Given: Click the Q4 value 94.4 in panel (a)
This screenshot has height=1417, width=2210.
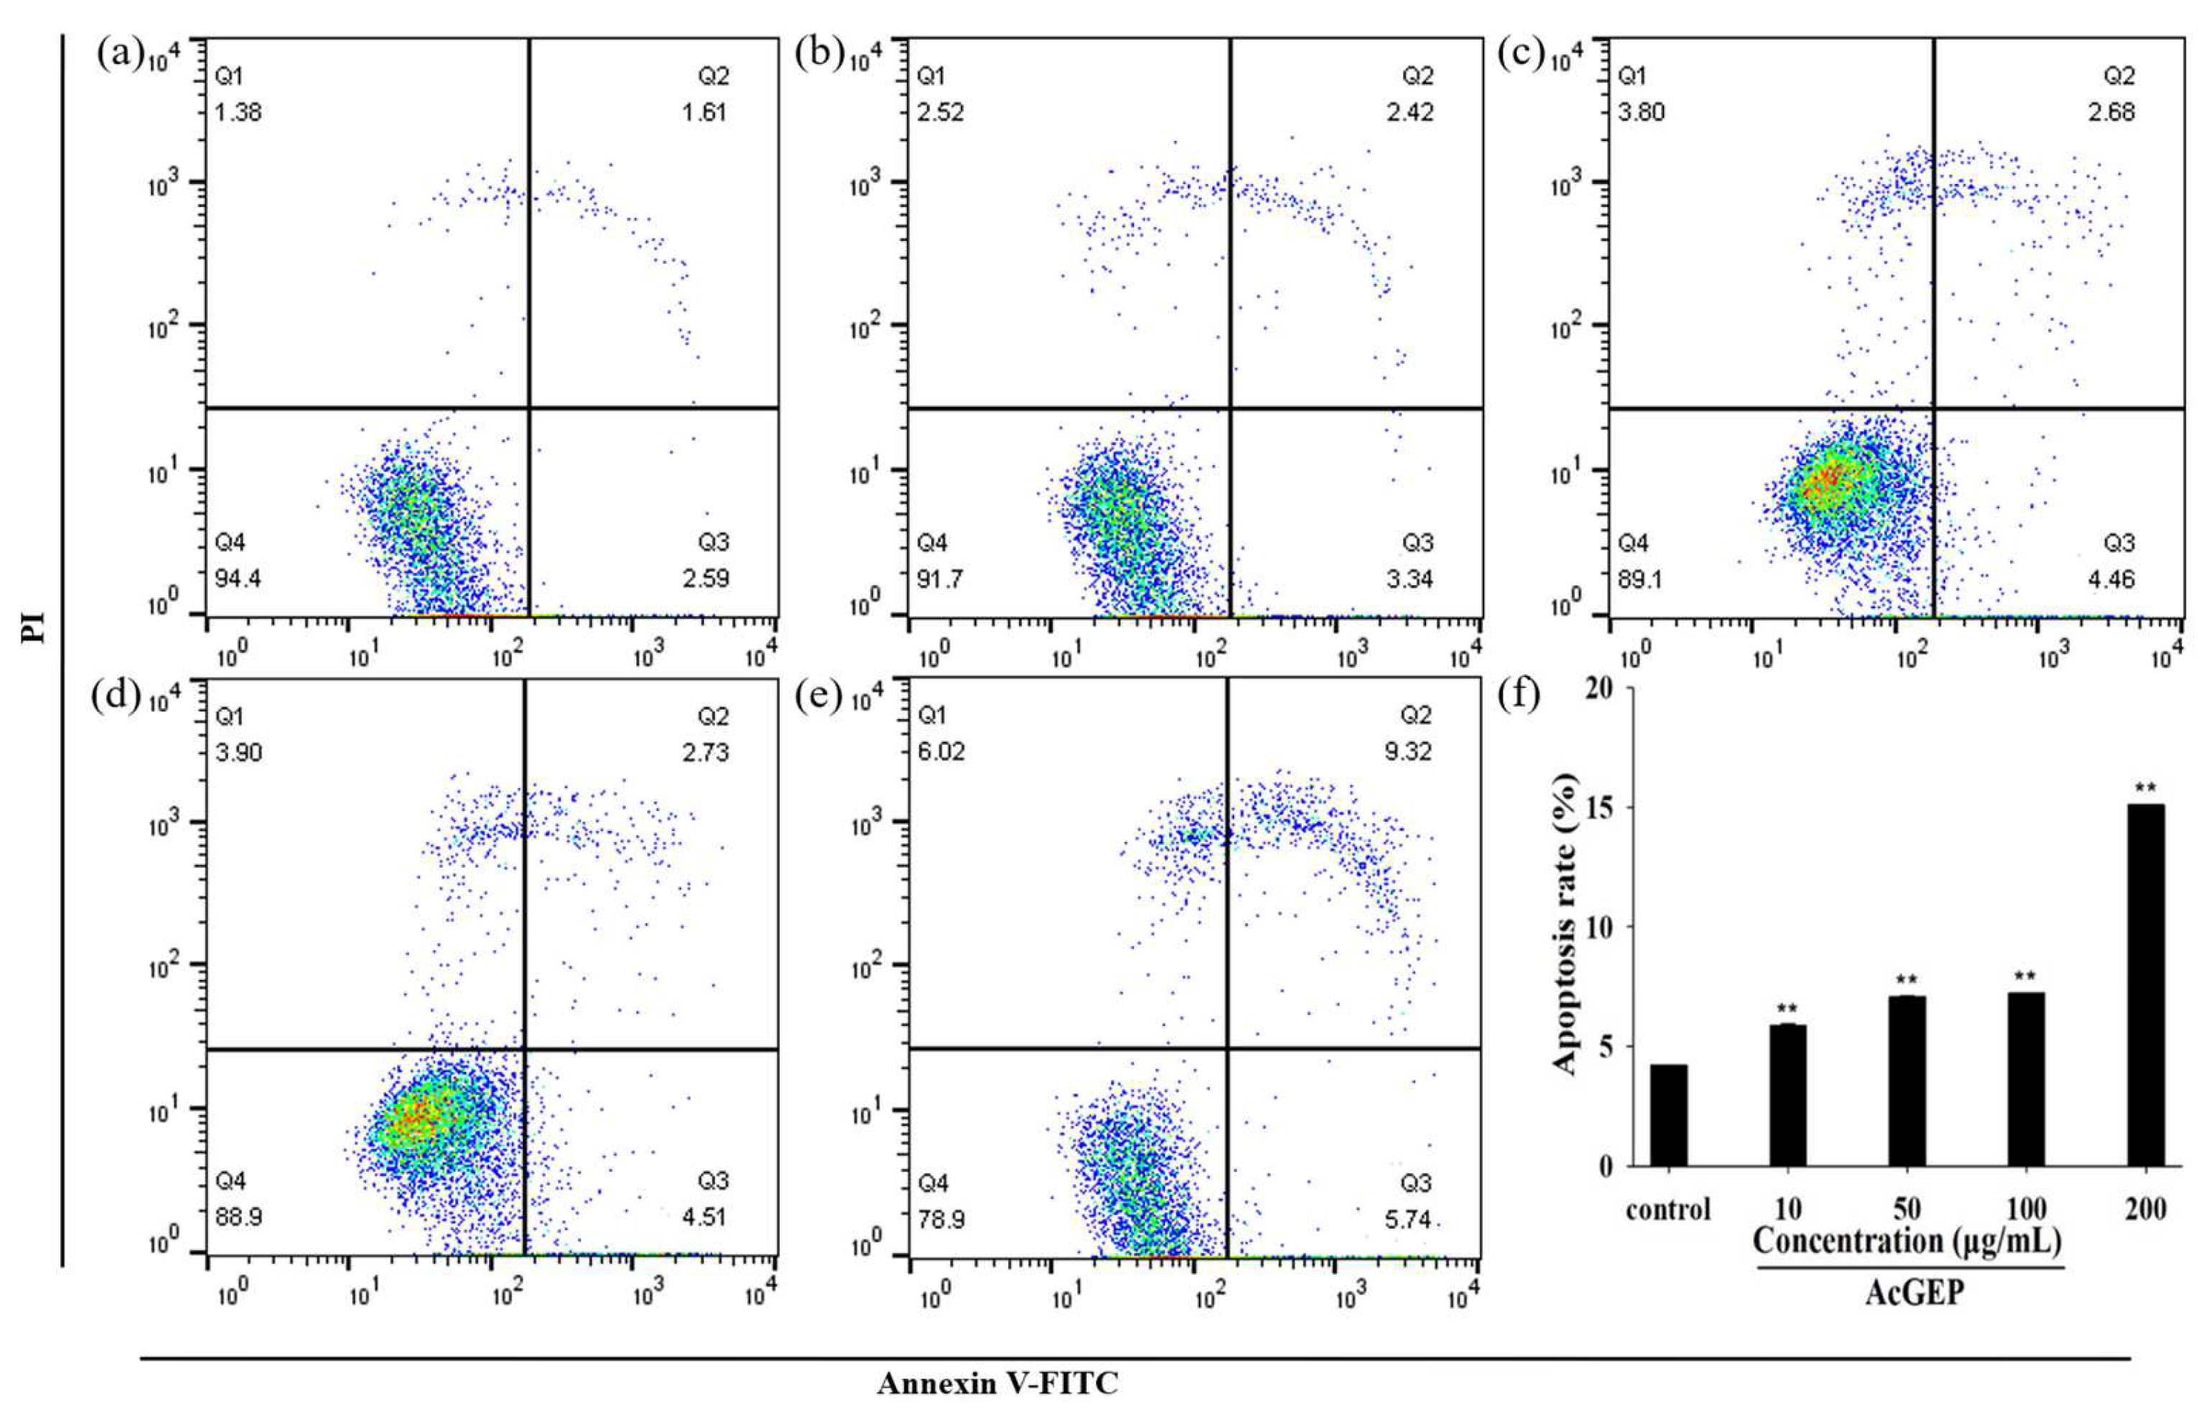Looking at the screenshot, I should click(237, 579).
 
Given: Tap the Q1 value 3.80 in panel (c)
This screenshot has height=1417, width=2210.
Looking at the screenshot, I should click(1641, 112).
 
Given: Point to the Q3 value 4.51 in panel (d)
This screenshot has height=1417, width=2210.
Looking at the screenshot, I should click(704, 1216).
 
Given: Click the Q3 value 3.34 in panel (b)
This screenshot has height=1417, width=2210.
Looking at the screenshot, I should click(1410, 579).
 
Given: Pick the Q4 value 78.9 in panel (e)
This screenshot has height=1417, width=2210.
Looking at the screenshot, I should click(941, 1219).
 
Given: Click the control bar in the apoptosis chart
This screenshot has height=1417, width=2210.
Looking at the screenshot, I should click(1668, 1115).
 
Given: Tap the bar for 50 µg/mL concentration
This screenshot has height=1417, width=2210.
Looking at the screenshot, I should click(1907, 1081).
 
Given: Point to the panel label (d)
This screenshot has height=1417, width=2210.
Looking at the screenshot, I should click(116, 697).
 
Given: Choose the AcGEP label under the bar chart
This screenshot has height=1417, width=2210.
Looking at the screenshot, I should click(1914, 1293).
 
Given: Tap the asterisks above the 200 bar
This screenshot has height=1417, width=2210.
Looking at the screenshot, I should click(2145, 788).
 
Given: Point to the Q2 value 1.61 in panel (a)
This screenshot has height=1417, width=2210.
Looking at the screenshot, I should click(704, 112).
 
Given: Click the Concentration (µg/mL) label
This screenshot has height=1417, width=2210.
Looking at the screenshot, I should click(1907, 1242).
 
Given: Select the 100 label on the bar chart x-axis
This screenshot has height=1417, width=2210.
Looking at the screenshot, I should click(2026, 1208).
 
